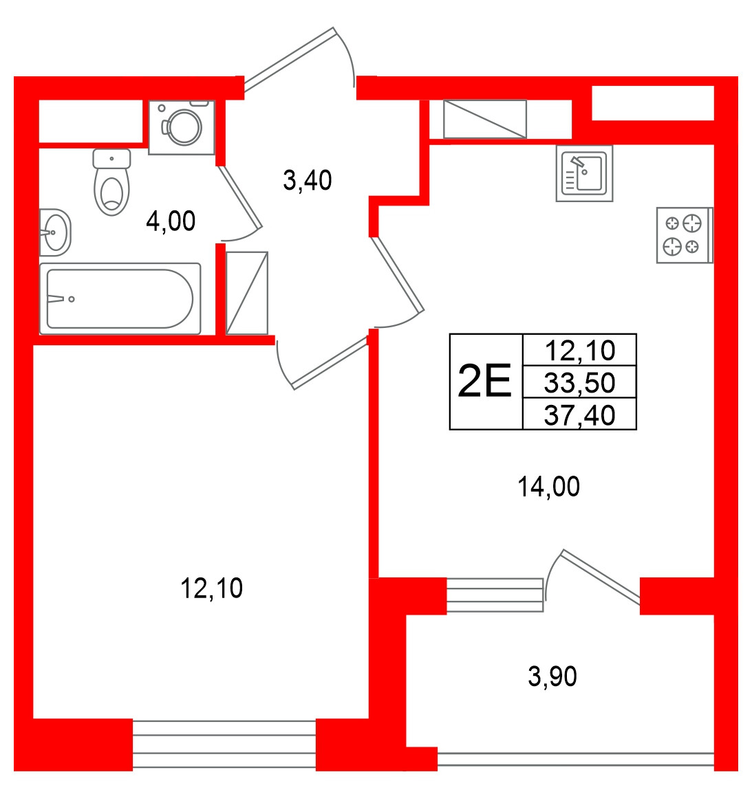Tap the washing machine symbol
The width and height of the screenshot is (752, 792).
(182, 127)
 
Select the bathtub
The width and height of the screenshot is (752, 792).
(120, 298)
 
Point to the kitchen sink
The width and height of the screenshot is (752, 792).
(584, 173)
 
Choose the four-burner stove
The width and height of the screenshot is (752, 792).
(685, 235)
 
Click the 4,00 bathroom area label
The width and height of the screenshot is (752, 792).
(171, 221)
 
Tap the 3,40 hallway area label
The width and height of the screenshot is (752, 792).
(308, 180)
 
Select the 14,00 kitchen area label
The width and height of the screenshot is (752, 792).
(549, 487)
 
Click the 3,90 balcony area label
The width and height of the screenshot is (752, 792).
(552, 676)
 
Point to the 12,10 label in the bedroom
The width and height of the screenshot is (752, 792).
(211, 588)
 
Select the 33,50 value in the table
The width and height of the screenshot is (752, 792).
(580, 382)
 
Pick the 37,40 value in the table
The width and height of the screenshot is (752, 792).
(580, 415)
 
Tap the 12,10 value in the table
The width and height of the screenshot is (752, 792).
(580, 350)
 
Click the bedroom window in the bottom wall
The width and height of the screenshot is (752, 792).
(224, 745)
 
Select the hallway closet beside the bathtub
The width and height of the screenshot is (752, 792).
(247, 293)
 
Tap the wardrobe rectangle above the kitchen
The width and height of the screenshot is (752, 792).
(484, 119)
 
